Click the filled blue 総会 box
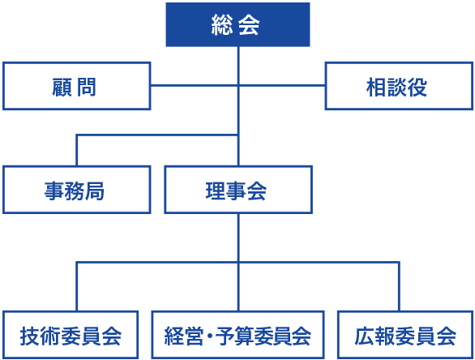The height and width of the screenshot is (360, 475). tap(237, 24)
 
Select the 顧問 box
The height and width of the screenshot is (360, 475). tap(77, 86)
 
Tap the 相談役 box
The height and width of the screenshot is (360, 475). tap(399, 86)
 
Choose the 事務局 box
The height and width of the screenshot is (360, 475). tap(77, 190)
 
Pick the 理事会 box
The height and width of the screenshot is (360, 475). tap(238, 190)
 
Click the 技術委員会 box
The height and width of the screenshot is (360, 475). tap(71, 335)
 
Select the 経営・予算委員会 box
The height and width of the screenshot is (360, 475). tap(238, 335)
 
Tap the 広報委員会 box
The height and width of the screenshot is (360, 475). tap(405, 335)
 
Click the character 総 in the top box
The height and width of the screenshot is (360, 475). tap(222, 25)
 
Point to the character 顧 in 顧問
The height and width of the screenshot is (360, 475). tap(62, 88)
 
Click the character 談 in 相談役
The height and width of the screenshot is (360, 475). tap(397, 88)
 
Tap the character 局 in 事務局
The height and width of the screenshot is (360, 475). tap(95, 191)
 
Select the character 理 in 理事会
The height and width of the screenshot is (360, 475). tap(216, 191)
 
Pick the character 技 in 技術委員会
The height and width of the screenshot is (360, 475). tap(30, 336)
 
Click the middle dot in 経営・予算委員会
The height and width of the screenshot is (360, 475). tap(209, 336)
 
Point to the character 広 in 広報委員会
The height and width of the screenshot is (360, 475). tap(365, 336)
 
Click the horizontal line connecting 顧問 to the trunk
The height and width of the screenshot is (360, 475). tap(195, 85)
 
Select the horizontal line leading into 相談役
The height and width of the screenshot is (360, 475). tap(282, 85)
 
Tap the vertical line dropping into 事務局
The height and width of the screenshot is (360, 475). tap(77, 150)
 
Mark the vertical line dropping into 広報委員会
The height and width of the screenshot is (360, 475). tap(399, 287)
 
